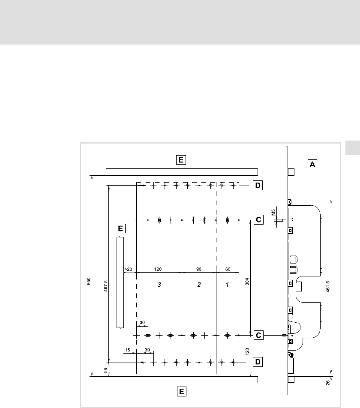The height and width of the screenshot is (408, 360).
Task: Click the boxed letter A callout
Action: [x=312, y=165]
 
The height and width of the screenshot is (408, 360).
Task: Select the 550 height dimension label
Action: [x=89, y=281]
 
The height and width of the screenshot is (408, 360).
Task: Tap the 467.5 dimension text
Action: [x=106, y=286]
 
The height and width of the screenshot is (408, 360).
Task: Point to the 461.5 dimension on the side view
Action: [x=328, y=286]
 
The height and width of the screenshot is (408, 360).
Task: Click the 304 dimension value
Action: [x=247, y=282]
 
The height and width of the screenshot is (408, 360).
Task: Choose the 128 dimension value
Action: [x=247, y=351]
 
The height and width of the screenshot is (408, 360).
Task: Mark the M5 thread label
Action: [x=273, y=212]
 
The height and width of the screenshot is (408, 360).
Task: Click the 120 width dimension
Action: [x=158, y=269]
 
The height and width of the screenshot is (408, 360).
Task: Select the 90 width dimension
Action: [x=199, y=269]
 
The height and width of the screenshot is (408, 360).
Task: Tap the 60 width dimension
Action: [x=228, y=269]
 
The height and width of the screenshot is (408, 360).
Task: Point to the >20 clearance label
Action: [x=128, y=269]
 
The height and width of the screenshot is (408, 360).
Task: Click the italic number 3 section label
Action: [x=159, y=285]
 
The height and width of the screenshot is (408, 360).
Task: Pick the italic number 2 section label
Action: [x=199, y=285]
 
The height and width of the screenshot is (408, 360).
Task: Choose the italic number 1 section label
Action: [x=227, y=285]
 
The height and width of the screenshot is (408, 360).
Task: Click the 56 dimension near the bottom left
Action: [x=105, y=370]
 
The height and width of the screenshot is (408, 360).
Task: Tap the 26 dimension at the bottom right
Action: [x=328, y=383]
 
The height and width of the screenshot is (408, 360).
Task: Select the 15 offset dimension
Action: [x=127, y=350]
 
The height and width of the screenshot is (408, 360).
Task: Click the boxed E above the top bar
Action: [x=181, y=160]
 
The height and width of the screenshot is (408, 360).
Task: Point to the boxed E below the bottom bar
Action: [x=181, y=392]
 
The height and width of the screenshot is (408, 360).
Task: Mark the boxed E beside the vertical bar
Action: [x=120, y=228]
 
